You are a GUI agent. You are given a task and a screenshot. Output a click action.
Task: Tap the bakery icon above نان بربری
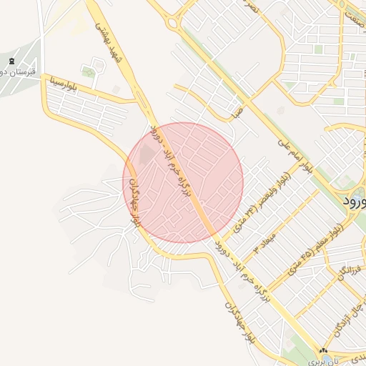tap(322, 351)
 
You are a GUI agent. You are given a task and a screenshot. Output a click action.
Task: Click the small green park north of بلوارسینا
tap(89, 72)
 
